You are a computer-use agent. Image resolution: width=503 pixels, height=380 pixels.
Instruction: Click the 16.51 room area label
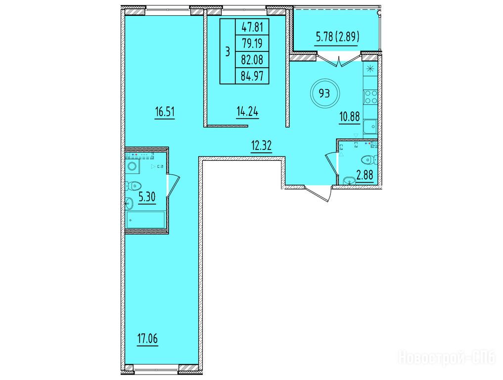(x=165, y=112)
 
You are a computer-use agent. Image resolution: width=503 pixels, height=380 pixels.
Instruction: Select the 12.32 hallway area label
(x=261, y=146)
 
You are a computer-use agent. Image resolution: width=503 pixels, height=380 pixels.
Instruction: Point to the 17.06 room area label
(x=147, y=338)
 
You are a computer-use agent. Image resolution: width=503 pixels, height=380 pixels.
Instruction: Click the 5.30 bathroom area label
(x=147, y=197)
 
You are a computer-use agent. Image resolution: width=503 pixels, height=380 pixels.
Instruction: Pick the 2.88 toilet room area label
(x=365, y=176)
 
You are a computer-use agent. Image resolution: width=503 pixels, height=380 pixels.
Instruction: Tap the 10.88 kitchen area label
(x=349, y=117)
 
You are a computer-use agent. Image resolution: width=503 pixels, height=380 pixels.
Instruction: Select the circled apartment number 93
(x=324, y=94)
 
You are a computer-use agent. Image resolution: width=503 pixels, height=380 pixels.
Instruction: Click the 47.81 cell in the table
(x=252, y=27)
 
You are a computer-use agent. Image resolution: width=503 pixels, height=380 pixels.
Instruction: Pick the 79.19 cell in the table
(x=252, y=44)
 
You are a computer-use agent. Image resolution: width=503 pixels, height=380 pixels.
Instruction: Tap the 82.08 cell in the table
(x=252, y=60)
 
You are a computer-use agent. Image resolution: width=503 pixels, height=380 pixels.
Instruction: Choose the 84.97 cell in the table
(x=252, y=76)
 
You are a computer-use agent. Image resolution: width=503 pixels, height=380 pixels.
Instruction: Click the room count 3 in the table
(x=228, y=51)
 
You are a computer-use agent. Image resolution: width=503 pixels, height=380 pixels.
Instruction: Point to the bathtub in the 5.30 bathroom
(x=146, y=219)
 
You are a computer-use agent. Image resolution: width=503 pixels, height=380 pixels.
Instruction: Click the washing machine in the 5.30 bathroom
(x=132, y=166)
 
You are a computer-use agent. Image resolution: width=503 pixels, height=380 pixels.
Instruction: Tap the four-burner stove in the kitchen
(x=370, y=97)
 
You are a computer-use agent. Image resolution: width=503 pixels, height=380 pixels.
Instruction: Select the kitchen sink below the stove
(x=370, y=127)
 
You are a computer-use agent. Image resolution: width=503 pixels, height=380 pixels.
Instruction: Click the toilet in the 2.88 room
(x=368, y=159)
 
